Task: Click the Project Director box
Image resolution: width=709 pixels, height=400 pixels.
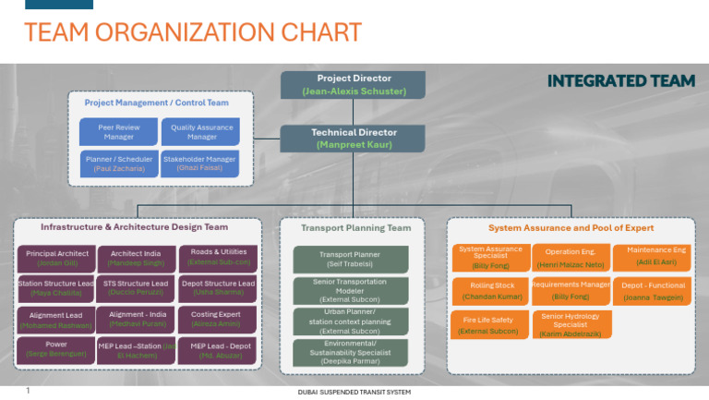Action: point(354,85)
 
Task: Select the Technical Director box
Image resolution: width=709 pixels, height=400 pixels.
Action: point(354,139)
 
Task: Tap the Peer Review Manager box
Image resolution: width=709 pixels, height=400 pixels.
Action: point(118,132)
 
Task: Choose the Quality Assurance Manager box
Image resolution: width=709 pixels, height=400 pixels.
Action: point(200,132)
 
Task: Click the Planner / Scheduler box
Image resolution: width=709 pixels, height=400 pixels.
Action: point(118,164)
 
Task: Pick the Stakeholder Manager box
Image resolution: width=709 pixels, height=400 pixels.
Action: point(200,164)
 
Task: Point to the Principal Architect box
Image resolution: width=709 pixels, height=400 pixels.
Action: point(56,258)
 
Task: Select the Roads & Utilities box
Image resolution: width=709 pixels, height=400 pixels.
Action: point(218,257)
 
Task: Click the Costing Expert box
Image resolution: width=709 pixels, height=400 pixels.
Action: point(218,320)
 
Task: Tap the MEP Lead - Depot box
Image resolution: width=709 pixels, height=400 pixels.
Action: point(218,351)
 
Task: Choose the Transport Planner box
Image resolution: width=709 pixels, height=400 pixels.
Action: point(350,260)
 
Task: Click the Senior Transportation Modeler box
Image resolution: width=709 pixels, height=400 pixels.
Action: point(350,289)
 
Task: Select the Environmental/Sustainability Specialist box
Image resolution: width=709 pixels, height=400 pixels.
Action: point(350,352)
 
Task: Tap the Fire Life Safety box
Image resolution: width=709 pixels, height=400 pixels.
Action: point(488,325)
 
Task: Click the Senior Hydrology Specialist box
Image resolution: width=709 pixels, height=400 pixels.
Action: point(571,325)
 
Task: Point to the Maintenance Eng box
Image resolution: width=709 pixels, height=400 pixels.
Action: point(656,256)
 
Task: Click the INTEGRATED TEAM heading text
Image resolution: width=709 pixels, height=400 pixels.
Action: point(620,81)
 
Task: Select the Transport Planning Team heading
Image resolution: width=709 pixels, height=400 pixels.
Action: point(355,228)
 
